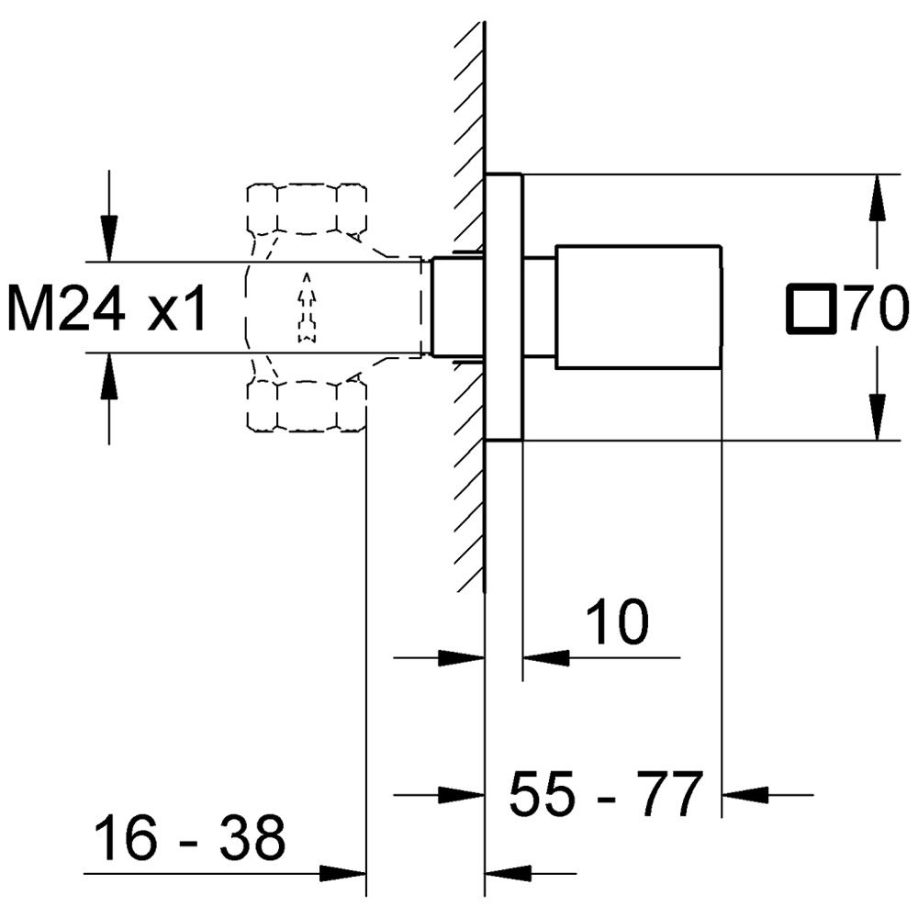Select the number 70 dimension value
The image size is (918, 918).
coord(877,308)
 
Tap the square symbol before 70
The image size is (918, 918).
coord(812,308)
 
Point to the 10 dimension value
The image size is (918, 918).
coord(617,623)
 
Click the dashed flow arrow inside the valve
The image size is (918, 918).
coord(307,308)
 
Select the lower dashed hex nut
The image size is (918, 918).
coord(307,406)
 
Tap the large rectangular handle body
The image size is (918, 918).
coord(638,308)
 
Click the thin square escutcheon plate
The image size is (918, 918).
coord(503,308)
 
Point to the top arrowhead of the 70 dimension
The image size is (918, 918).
coord(878,195)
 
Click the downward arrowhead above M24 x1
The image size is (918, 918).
coord(109,240)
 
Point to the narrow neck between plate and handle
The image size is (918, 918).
coord(540,308)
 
